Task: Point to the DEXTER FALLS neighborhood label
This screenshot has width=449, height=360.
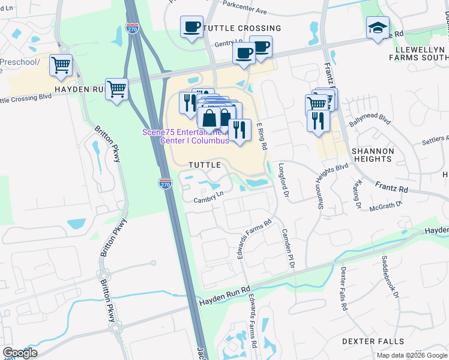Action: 373,341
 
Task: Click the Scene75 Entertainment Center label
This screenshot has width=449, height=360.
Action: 185,136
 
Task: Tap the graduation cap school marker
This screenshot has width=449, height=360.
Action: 378,28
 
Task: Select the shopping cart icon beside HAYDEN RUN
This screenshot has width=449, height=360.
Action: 116,89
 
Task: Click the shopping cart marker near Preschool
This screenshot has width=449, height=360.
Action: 61,65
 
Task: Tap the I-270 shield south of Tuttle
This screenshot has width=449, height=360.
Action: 166,183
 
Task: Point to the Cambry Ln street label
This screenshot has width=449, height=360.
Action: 208,193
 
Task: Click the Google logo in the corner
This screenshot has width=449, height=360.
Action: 19,353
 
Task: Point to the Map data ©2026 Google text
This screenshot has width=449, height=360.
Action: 411,356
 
